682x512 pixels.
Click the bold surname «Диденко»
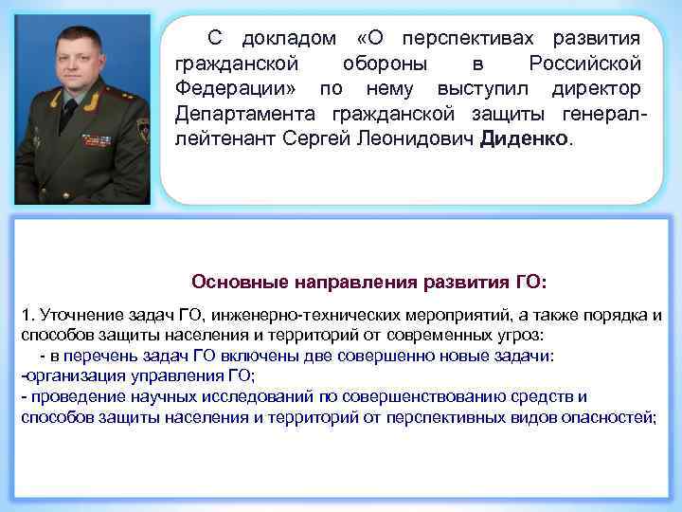tap(526, 139)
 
